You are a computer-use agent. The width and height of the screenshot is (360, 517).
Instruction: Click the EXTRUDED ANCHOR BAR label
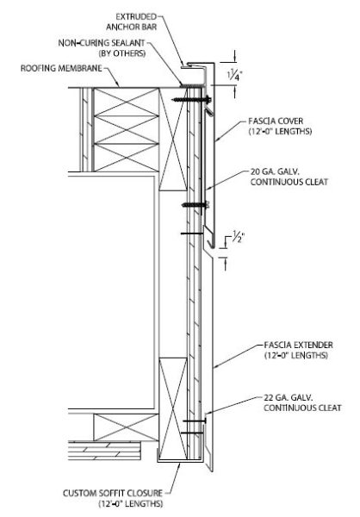(131, 22)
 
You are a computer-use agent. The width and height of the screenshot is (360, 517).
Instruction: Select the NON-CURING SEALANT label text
(102, 43)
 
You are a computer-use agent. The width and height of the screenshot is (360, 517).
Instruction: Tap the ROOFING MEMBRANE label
(61, 68)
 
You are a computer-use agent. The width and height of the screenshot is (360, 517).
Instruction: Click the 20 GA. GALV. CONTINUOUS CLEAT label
(289, 177)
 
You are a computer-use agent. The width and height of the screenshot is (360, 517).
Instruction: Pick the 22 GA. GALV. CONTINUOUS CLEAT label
(302, 402)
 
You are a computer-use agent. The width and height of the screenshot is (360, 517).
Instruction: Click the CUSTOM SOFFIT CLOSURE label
(113, 493)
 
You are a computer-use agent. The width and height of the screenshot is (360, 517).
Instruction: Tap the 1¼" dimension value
(234, 76)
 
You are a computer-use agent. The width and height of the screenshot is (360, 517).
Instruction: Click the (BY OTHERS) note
(122, 53)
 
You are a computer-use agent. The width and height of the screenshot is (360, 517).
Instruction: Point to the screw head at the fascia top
(208, 98)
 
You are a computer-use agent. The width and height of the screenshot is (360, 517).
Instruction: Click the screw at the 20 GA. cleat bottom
(196, 205)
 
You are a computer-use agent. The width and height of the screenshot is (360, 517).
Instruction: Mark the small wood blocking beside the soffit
(126, 427)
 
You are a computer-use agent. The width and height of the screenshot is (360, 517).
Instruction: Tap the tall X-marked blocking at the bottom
(173, 408)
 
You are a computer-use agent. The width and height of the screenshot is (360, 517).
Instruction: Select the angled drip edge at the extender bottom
(208, 448)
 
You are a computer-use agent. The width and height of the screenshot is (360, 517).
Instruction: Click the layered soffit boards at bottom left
(104, 451)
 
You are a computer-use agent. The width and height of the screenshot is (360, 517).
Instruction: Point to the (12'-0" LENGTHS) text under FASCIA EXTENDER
(295, 355)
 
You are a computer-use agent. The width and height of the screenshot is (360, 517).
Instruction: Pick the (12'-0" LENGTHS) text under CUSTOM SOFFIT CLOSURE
(131, 504)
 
